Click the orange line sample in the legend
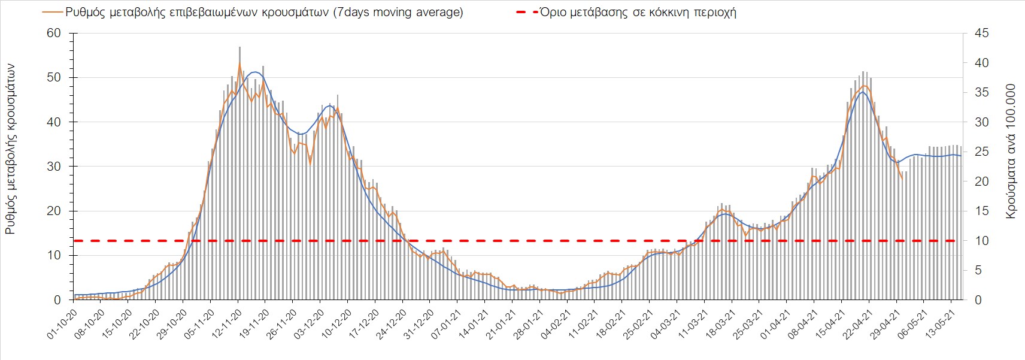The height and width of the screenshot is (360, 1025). tap(51, 13)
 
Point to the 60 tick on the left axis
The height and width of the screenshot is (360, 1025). tap(54, 33)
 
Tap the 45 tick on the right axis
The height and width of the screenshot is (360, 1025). tap(982, 33)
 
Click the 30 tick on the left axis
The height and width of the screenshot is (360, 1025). tap(54, 167)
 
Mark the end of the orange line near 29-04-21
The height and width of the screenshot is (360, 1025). tap(902, 178)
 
